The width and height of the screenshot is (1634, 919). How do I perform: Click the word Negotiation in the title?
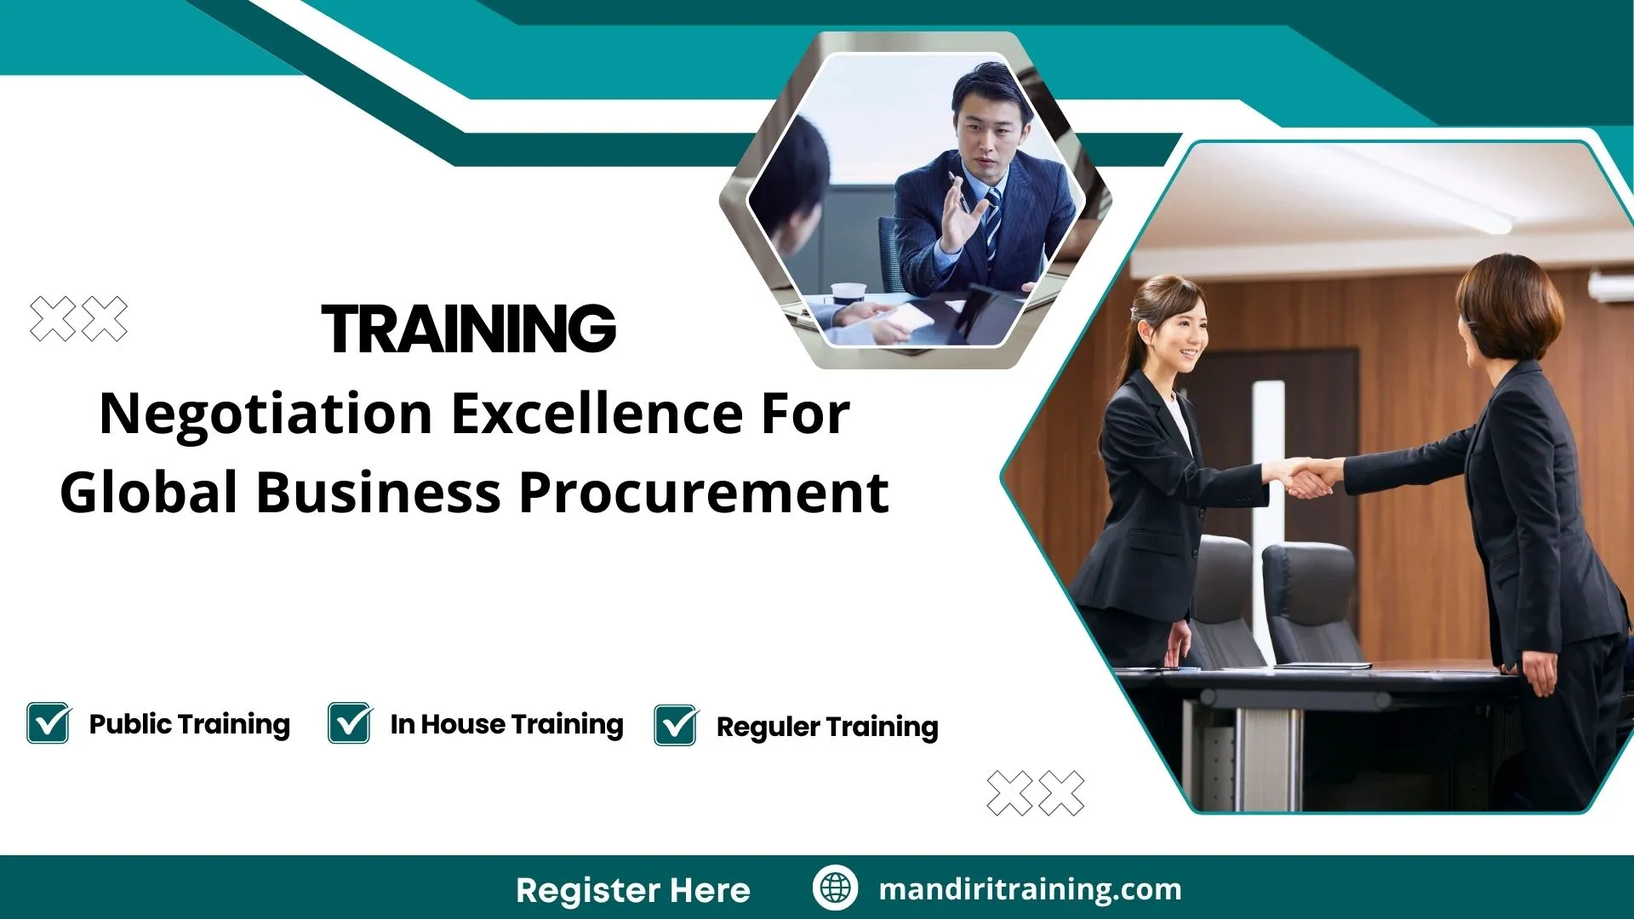266,414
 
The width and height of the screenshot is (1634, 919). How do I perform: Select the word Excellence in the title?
596,414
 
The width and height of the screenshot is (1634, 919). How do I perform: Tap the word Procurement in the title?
704,494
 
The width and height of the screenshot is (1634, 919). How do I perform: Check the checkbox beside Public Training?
49,723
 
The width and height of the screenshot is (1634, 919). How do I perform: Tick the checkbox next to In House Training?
350,723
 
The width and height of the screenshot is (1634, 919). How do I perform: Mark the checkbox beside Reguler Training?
676,726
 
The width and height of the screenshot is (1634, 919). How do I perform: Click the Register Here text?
632,890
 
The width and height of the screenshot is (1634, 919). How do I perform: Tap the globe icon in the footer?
835,888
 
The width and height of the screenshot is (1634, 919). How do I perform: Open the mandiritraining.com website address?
1030,889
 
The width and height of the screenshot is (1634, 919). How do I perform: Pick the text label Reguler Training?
826,727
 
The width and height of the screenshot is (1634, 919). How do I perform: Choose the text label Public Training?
189,724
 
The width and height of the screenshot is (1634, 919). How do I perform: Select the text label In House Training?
506,724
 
